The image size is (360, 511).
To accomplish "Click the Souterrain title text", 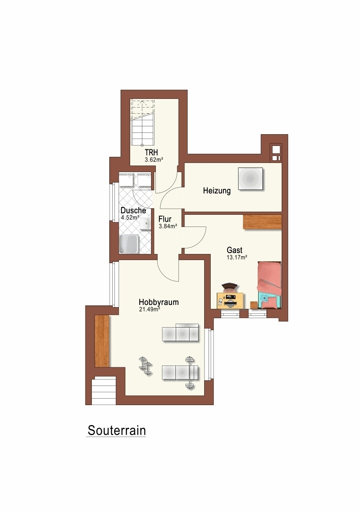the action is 117,430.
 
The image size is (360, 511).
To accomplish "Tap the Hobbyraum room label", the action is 158,302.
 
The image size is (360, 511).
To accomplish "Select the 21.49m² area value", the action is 149,309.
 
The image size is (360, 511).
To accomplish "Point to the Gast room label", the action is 235,250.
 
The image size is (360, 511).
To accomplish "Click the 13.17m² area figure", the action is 236,257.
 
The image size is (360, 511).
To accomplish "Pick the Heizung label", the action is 217,191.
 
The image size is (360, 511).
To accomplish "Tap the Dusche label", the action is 133,210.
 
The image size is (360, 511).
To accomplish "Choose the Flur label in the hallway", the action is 165,219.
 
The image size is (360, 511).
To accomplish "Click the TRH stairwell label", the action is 151,152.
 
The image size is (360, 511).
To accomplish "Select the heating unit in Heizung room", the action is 251,179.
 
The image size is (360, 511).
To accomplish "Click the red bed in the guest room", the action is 269,284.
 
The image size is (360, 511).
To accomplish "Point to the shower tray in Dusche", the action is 129,244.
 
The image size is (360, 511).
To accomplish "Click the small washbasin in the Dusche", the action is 145,224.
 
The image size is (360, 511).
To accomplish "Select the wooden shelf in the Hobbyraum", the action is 102,341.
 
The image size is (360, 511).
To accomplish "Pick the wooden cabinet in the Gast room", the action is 262,222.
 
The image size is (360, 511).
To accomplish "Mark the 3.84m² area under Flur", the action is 168,226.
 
